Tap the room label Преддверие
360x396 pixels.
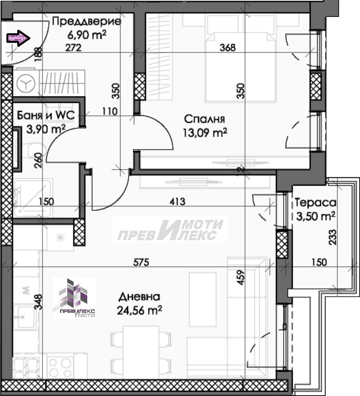86,22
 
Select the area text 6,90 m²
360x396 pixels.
87,34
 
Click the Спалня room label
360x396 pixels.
204,119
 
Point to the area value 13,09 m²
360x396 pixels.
205,133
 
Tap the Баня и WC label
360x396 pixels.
46,115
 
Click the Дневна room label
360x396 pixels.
139,297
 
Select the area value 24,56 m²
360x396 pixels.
139,310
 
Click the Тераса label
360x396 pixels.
315,203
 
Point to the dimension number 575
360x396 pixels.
141,262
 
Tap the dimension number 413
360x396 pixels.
177,201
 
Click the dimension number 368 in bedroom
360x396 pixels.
228,48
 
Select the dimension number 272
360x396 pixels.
73,48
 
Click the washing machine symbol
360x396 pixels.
26,83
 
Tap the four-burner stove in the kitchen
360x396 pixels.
60,367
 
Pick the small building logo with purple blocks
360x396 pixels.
74,298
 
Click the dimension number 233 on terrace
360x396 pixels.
333,237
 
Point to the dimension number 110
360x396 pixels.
110,111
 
